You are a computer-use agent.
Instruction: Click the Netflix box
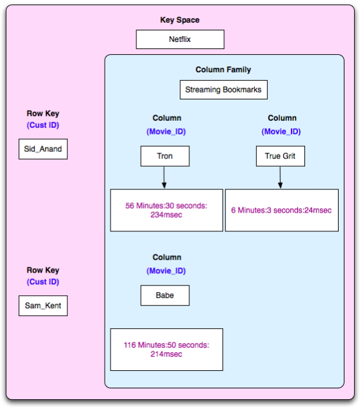(x=180, y=39)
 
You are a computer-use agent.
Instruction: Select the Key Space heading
(x=180, y=20)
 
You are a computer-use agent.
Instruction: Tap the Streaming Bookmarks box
(x=224, y=90)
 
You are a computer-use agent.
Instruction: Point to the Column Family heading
(x=224, y=70)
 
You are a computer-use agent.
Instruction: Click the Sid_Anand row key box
(x=43, y=149)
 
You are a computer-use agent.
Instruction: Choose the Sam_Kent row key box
(x=43, y=306)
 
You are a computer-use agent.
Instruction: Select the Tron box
(x=165, y=156)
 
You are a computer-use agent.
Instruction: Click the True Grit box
(x=281, y=156)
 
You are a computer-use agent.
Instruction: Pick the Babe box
(x=165, y=295)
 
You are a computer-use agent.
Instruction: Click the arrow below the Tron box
(x=164, y=178)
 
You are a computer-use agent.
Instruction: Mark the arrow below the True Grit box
(x=280, y=178)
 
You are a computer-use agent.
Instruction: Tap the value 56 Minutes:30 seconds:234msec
(x=167, y=210)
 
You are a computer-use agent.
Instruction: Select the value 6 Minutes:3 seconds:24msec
(x=282, y=210)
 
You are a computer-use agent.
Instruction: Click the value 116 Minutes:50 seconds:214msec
(x=167, y=350)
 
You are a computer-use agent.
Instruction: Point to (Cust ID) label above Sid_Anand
(x=43, y=125)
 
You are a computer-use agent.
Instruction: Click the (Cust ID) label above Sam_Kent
(x=43, y=282)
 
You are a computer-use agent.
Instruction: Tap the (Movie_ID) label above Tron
(x=166, y=132)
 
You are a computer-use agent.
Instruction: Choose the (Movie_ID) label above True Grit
(x=281, y=132)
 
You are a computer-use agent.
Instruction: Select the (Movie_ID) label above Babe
(x=166, y=271)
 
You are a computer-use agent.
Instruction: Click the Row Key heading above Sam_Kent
(x=43, y=270)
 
